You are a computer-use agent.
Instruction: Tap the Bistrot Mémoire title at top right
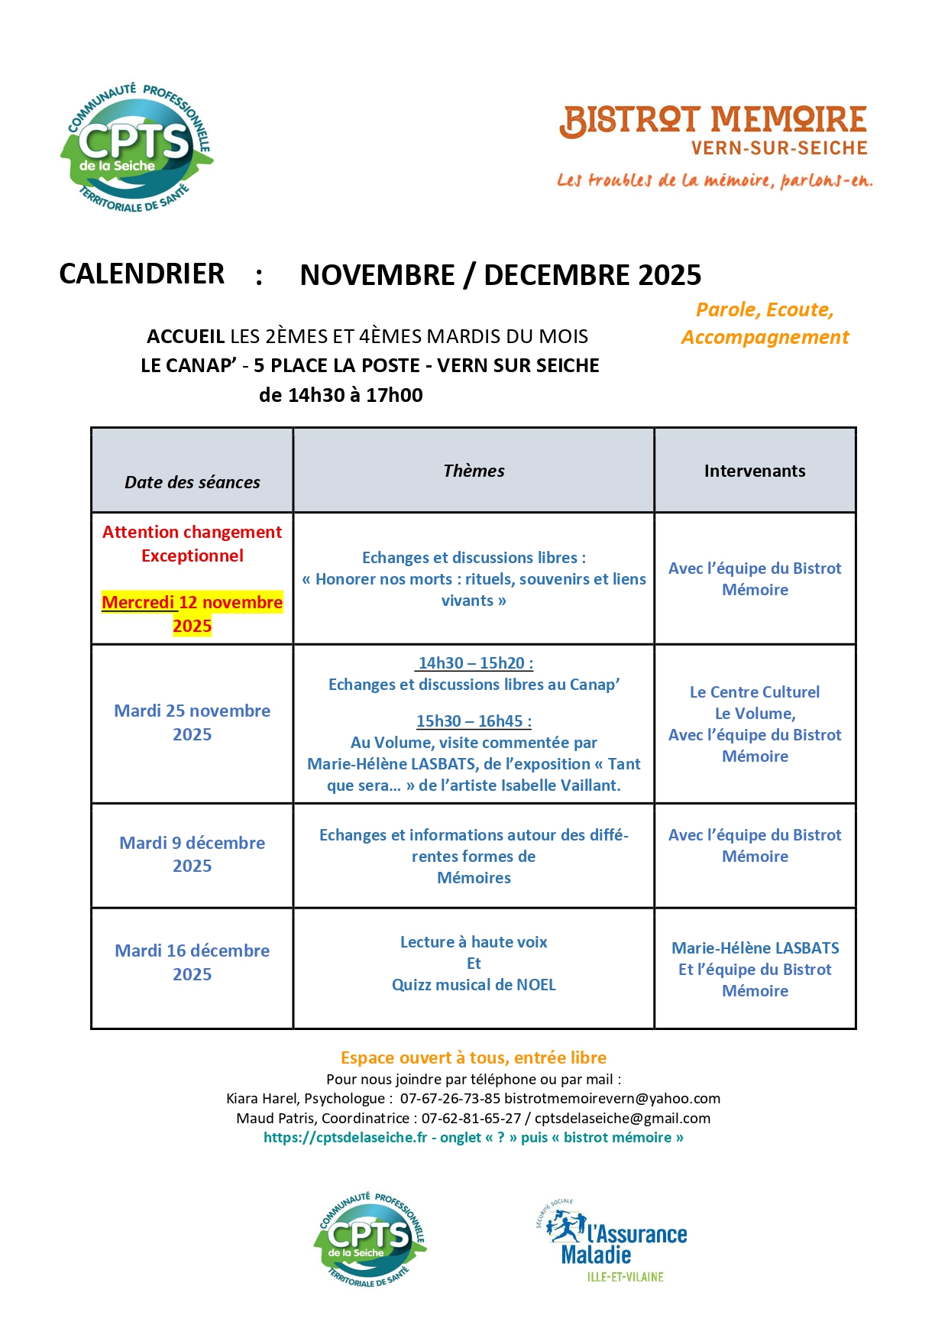coord(713,121)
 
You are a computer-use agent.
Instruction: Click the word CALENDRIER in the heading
coord(142,274)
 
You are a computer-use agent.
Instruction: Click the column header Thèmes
coord(474,471)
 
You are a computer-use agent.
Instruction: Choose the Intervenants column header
coord(755,471)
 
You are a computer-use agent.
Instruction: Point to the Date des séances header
coord(193,482)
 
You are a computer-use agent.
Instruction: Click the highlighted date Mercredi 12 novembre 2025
coord(193,614)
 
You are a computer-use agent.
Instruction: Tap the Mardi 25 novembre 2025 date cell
coord(193,722)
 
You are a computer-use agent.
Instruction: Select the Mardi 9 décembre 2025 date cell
coord(193,854)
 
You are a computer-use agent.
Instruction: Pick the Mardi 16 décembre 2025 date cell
coord(193,962)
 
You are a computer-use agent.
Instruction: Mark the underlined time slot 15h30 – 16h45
coord(474,721)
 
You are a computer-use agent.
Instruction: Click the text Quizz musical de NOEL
coord(474,985)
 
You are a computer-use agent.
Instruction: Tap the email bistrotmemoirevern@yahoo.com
coord(612,1099)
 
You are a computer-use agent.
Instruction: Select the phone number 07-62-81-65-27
coord(471,1119)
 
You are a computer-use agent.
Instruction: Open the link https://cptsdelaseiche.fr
coord(345,1138)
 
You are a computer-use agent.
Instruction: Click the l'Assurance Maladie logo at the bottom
coord(613,1241)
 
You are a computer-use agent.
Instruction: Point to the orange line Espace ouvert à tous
coord(474,1058)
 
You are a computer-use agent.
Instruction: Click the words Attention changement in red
coord(193,532)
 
